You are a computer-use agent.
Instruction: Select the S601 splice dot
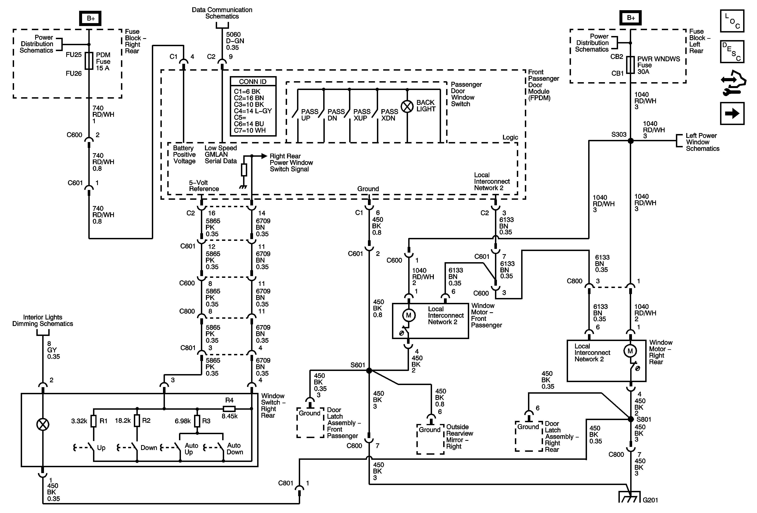(x=369, y=371)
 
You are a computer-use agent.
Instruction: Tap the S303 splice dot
(x=631, y=141)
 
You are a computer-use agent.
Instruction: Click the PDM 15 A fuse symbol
(x=89, y=61)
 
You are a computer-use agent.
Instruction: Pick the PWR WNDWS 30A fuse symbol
(x=631, y=65)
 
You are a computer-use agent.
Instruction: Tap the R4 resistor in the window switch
(x=229, y=409)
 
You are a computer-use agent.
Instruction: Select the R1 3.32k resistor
(x=93, y=421)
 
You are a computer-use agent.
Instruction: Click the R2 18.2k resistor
(x=137, y=421)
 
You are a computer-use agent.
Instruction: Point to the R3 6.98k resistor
(x=197, y=421)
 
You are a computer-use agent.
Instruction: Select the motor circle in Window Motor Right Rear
(x=630, y=351)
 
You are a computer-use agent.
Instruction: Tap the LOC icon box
(x=732, y=21)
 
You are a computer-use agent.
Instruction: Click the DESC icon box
(x=732, y=51)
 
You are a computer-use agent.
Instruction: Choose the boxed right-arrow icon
(x=732, y=113)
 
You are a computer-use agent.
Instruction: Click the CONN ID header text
(x=253, y=82)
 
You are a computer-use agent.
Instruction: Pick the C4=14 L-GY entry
(x=253, y=111)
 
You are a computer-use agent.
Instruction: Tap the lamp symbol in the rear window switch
(x=43, y=425)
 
